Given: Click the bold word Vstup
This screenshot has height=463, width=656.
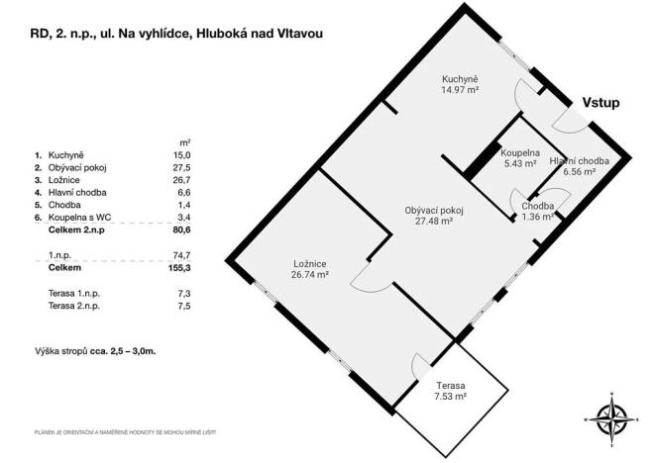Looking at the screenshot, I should coord(601,101).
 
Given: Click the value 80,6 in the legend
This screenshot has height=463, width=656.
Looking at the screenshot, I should coord(179,229).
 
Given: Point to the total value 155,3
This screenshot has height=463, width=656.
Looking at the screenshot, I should coord(177,267).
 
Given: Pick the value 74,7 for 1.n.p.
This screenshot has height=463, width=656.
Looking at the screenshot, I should coord(181,254).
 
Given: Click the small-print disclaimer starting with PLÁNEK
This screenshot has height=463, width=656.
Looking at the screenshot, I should coord(124,432).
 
